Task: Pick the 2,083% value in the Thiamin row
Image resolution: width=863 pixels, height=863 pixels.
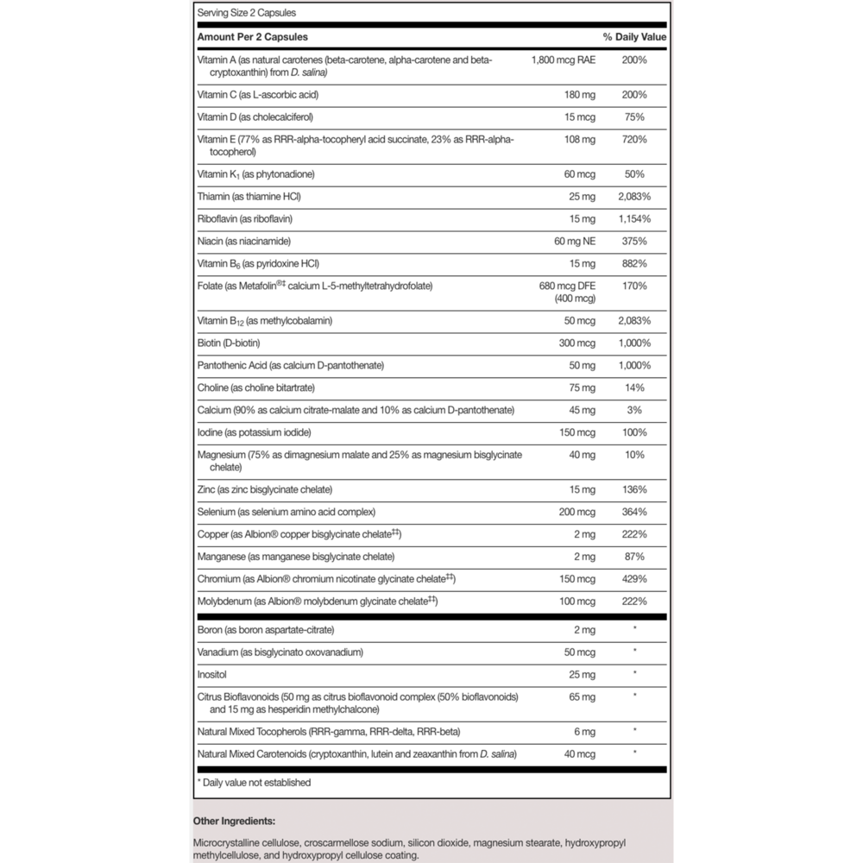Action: [634, 197]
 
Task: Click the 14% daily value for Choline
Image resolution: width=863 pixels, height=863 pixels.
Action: [634, 387]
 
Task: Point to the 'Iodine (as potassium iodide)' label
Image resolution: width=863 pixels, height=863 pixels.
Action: [255, 432]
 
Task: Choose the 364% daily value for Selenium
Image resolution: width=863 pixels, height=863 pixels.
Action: [634, 512]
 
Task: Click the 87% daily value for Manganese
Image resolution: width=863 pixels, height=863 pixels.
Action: [634, 557]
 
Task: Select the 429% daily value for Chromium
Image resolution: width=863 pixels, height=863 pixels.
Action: [634, 578]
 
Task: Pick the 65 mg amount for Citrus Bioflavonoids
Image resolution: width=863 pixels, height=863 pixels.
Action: [582, 696]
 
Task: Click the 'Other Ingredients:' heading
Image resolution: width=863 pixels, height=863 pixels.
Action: [236, 821]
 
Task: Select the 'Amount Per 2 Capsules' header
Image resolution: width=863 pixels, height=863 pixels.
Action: [253, 37]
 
